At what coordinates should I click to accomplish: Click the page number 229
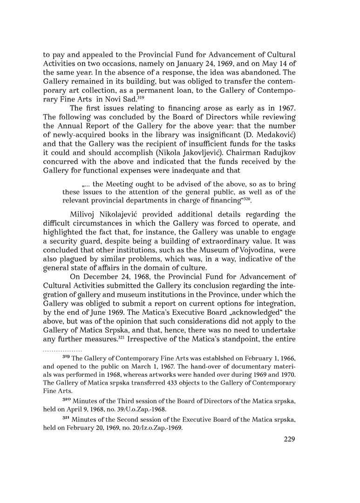(x=289, y=439)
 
